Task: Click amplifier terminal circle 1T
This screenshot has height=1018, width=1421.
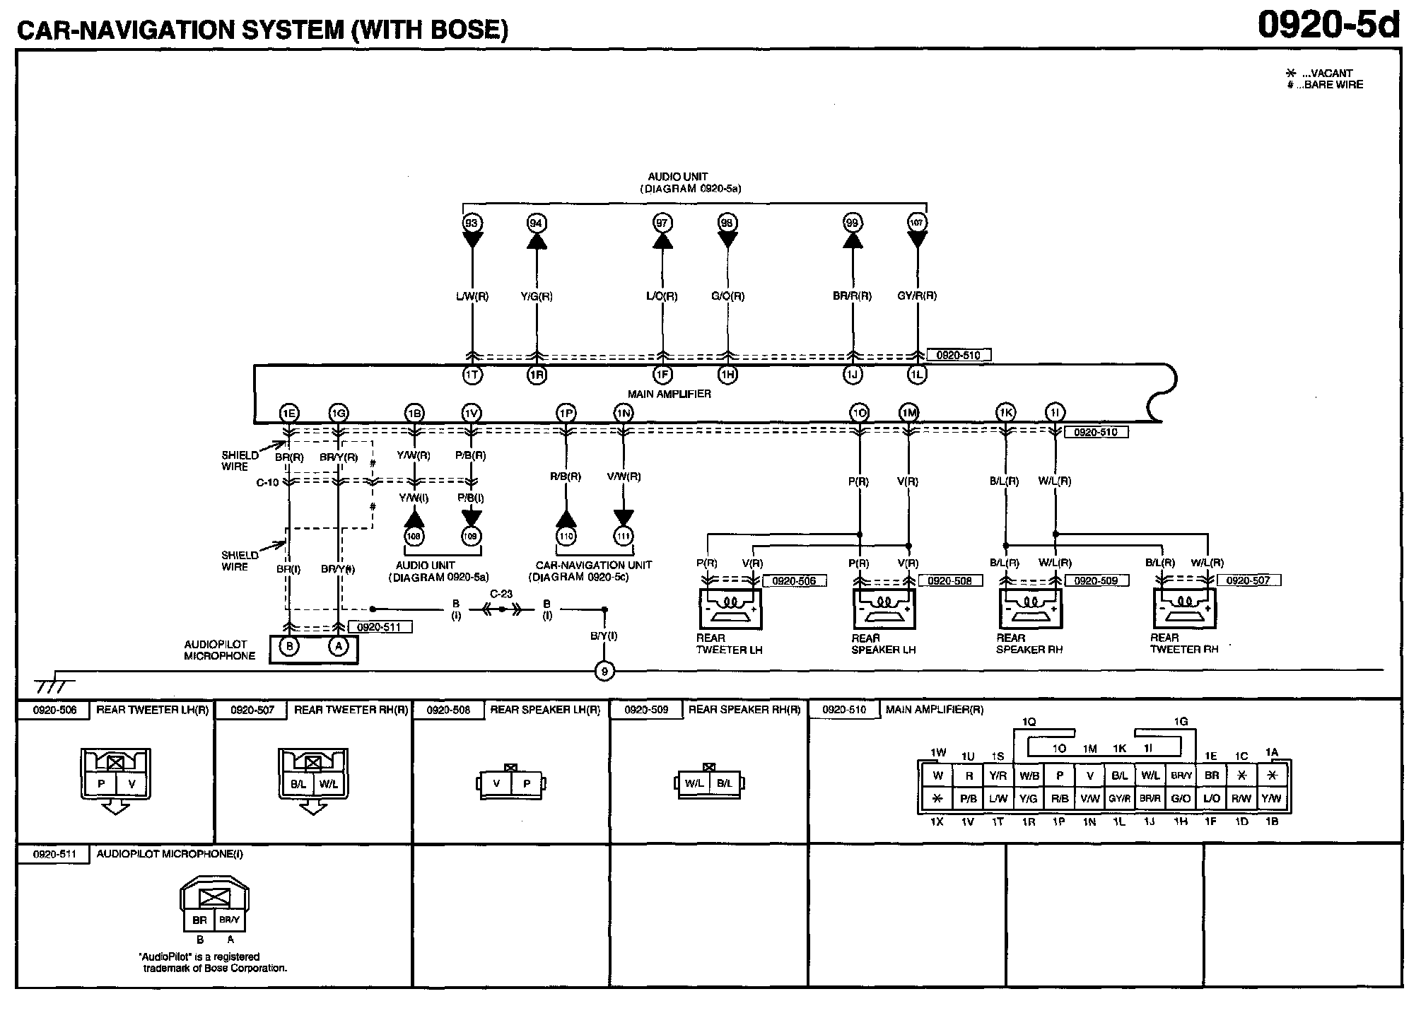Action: [472, 375]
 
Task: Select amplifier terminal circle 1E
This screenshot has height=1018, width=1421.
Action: [288, 414]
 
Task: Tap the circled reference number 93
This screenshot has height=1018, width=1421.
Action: [472, 223]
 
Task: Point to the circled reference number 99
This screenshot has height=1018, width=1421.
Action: [853, 223]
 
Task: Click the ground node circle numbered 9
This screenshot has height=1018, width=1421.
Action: [604, 670]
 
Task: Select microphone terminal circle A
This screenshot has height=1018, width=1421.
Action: [339, 646]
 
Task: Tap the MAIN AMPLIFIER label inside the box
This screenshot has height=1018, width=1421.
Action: [669, 394]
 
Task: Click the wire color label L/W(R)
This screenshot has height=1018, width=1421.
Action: [472, 296]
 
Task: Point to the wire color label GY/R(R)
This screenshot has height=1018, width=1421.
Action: [917, 296]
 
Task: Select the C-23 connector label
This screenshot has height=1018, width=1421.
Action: [501, 595]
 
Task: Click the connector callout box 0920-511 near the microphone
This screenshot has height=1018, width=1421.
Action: [380, 627]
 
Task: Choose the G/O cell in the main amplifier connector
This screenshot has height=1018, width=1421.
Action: [1181, 799]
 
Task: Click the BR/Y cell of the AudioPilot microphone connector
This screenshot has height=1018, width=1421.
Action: [229, 920]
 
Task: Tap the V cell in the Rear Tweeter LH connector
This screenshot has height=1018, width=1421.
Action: [131, 784]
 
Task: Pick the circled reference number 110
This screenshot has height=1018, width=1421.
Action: [566, 537]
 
